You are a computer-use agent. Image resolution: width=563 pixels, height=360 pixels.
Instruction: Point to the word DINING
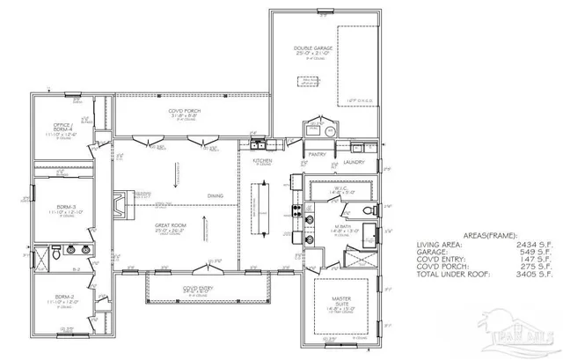[216, 195]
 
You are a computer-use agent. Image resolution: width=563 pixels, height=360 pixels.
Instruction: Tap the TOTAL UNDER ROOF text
[450, 275]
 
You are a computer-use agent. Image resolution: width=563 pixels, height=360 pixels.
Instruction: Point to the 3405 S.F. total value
[530, 275]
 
